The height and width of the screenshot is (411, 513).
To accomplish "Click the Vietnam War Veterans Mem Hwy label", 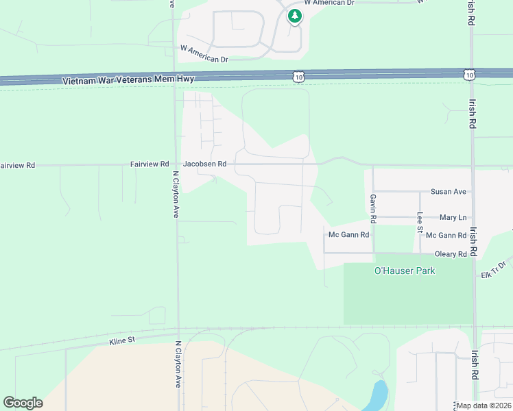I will (128, 80).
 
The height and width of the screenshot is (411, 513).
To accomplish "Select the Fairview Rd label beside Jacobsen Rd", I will (150, 164).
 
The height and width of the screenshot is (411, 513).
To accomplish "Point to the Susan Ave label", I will (448, 192).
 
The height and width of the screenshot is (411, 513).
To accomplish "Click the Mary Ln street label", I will (453, 217).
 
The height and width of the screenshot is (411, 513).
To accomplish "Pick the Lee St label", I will (420, 222).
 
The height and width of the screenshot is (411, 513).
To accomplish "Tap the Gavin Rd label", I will (373, 209).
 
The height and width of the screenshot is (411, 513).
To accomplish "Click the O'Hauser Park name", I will (405, 271).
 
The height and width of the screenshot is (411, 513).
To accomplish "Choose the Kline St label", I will (123, 340).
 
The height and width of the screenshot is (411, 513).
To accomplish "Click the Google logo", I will (23, 403).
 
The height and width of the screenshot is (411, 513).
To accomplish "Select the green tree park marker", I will (294, 16).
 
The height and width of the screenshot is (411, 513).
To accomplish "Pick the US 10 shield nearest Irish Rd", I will (468, 73).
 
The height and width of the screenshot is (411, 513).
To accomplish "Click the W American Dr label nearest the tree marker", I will (329, 3).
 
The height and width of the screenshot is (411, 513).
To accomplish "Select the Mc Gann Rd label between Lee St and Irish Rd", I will (446, 235).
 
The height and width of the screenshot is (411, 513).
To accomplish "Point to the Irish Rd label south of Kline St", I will (474, 366).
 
